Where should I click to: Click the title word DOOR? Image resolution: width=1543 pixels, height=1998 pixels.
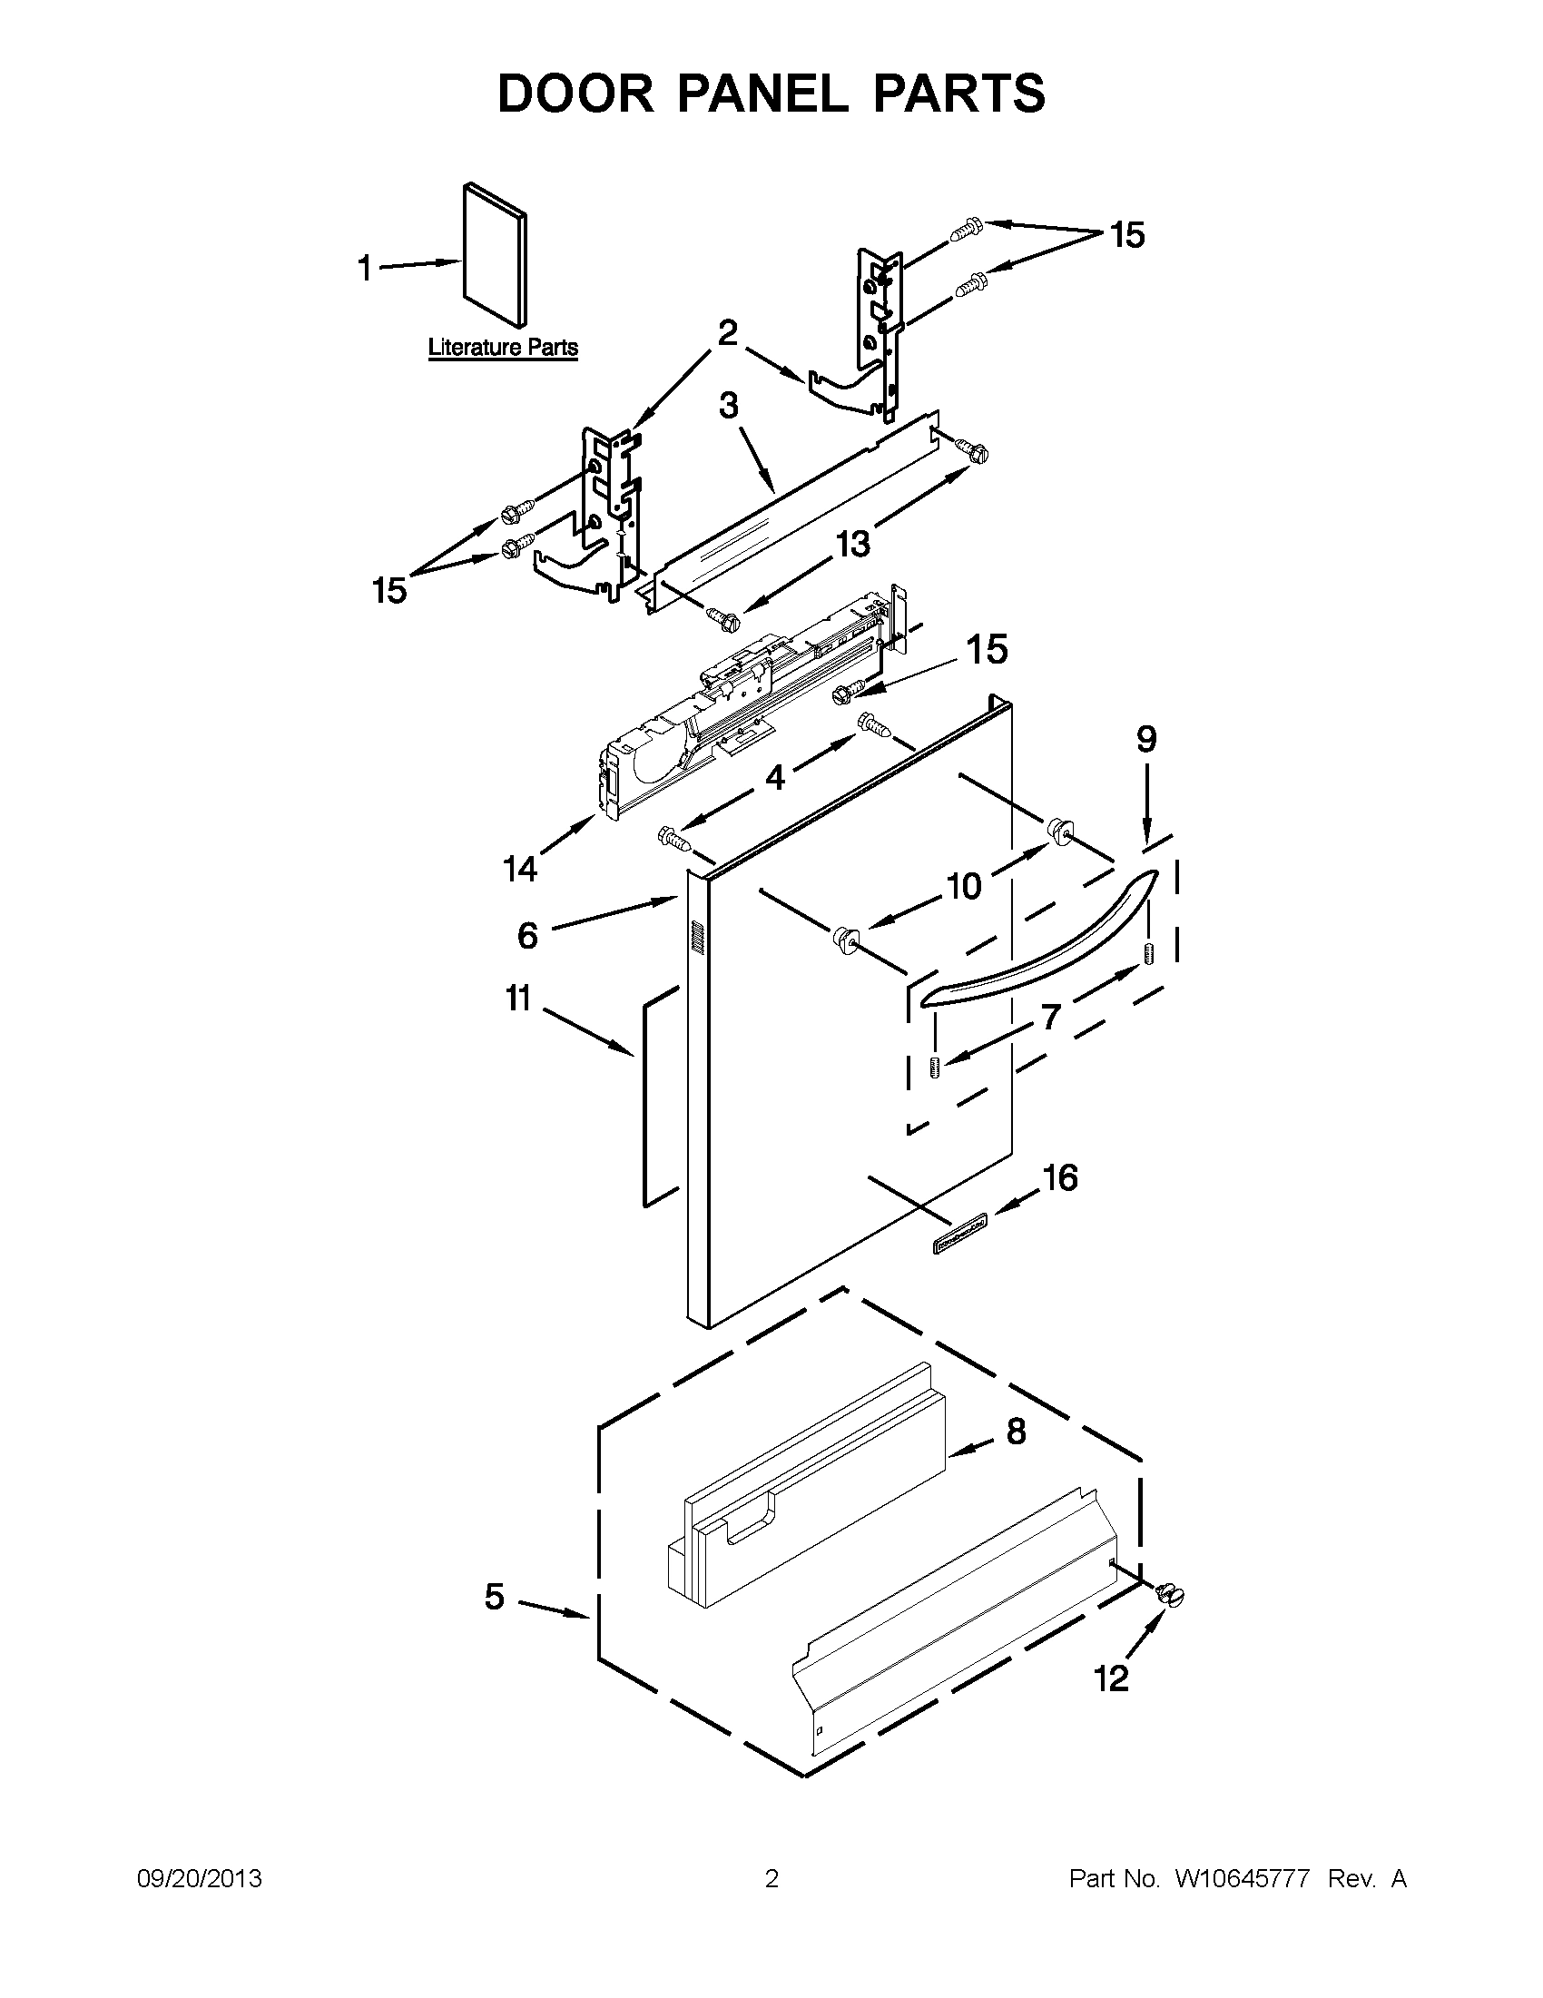[576, 94]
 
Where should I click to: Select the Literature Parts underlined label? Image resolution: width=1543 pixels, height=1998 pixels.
[503, 348]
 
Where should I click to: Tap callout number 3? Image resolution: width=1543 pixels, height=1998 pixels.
[728, 404]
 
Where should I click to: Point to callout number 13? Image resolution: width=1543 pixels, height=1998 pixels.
[852, 545]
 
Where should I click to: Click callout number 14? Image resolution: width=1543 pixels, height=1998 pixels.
[519, 867]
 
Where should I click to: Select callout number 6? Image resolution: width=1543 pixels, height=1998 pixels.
[527, 935]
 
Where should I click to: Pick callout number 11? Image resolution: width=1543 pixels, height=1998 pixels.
[518, 998]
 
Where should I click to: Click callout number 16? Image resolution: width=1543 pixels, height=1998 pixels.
[1060, 1177]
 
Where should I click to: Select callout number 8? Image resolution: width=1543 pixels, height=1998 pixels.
[1017, 1431]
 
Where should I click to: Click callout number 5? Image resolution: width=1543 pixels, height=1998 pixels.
[494, 1598]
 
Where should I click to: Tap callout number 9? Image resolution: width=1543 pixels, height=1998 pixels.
[1146, 738]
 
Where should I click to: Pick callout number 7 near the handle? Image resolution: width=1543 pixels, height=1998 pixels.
[1050, 1016]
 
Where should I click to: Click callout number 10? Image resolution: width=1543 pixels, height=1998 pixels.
[963, 885]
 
